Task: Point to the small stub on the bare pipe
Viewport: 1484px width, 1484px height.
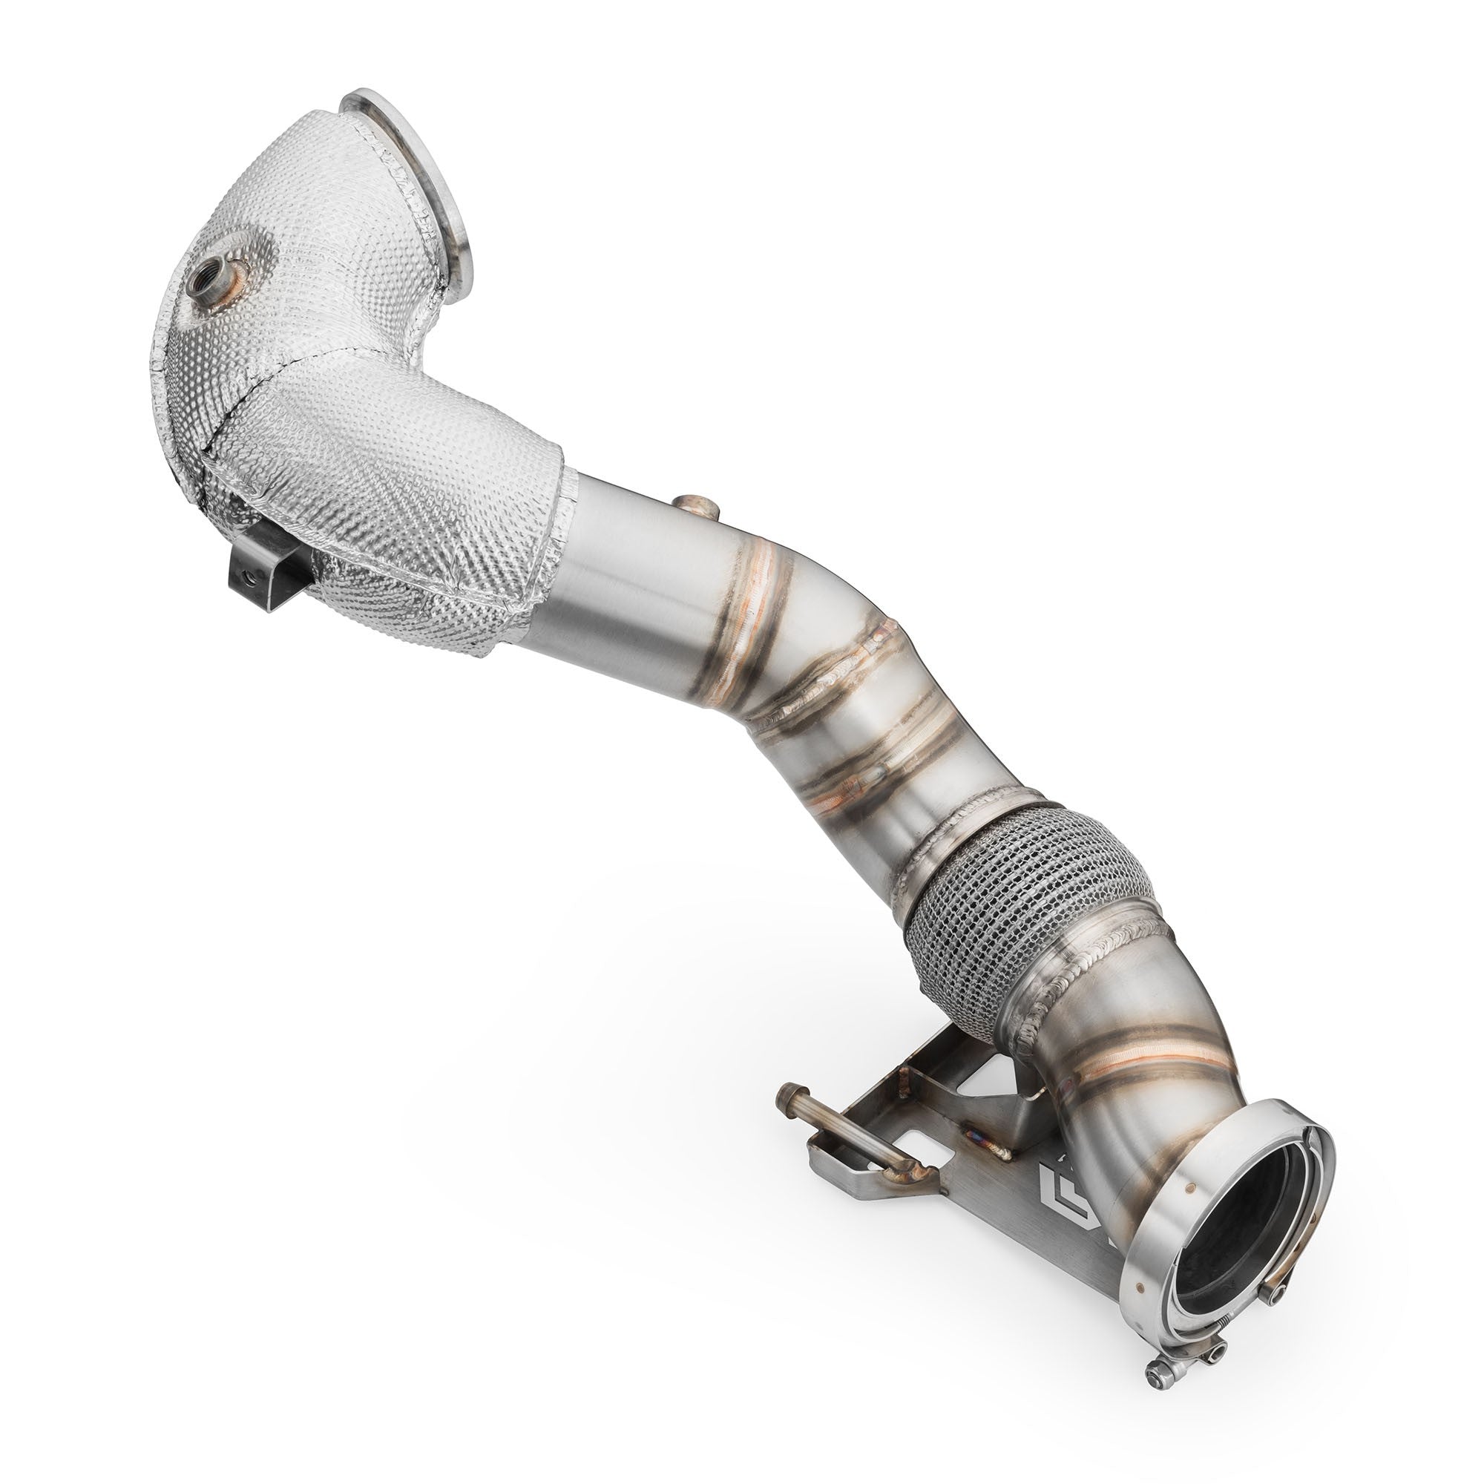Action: [x=696, y=508]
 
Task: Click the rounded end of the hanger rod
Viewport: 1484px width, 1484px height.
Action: [x=787, y=1091]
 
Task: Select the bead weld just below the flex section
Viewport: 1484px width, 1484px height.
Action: [x=1075, y=987]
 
